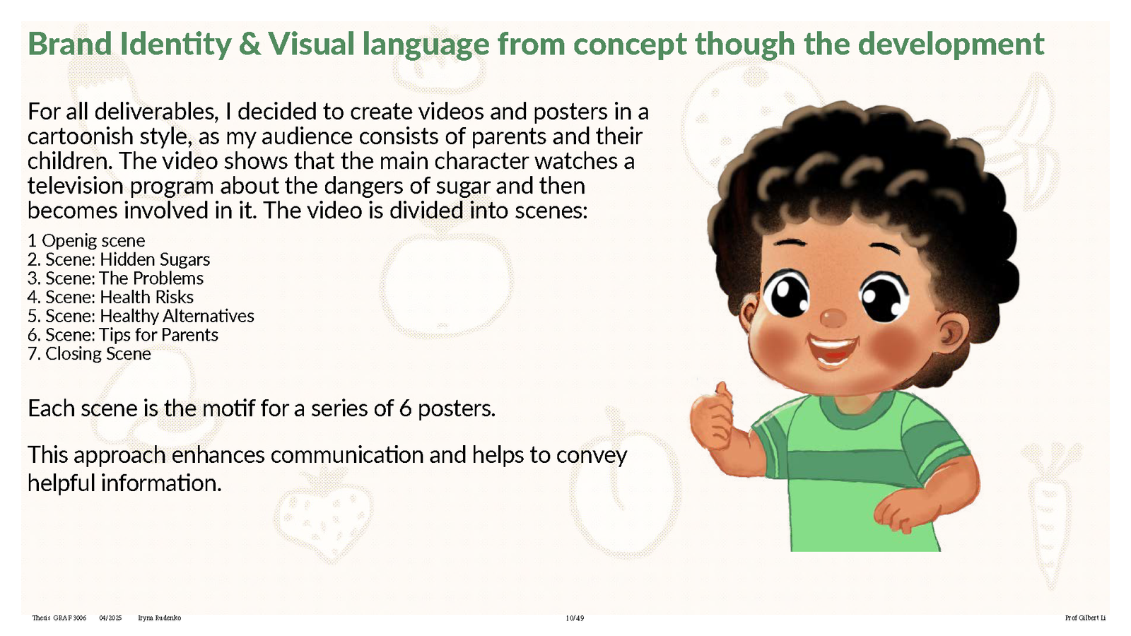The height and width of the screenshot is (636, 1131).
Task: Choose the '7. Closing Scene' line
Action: (x=89, y=354)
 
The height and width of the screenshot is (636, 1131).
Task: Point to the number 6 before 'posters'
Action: (x=405, y=408)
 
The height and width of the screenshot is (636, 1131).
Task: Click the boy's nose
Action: (x=833, y=318)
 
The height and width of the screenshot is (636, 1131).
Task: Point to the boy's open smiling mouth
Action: (x=831, y=349)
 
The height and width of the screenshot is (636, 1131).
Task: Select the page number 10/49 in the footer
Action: (x=575, y=618)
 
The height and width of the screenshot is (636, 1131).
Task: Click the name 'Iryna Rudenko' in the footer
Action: (x=160, y=618)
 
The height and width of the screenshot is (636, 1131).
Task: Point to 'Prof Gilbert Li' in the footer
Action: (x=1085, y=618)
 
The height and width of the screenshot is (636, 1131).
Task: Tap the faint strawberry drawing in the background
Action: (x=323, y=517)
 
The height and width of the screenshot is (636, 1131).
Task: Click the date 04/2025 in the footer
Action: (x=110, y=618)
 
